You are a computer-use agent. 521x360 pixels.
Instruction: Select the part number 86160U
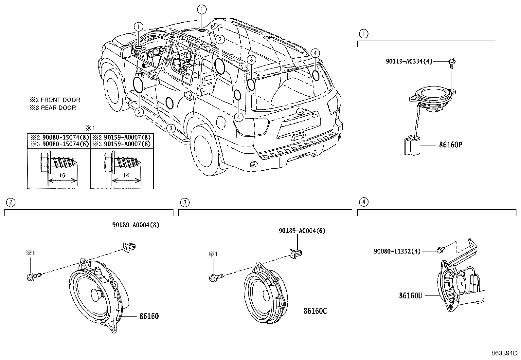pos(410,295)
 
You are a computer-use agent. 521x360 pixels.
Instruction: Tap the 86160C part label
pos(315,311)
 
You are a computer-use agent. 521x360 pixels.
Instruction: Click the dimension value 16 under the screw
pos(62,175)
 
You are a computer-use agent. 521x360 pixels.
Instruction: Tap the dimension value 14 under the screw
pos(126,175)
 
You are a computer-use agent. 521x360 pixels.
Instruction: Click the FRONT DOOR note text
pos(60,100)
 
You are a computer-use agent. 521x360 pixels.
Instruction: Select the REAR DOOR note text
pos(58,108)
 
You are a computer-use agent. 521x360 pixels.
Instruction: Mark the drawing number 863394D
pos(504,353)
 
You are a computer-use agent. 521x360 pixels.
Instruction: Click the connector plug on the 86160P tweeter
pos(411,146)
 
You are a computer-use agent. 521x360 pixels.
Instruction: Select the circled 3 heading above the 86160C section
pos(185,202)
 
